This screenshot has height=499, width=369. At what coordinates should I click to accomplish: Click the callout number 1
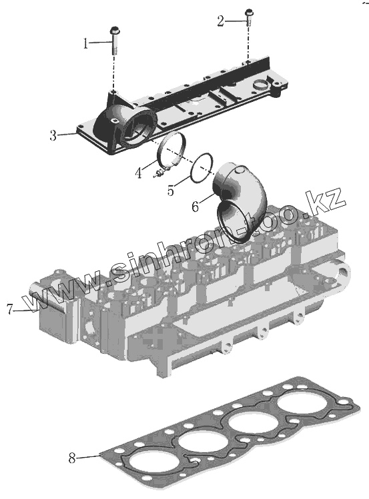click(85, 43)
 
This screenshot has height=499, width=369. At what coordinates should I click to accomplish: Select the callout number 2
click(220, 21)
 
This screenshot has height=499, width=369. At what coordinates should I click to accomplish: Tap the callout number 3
click(53, 135)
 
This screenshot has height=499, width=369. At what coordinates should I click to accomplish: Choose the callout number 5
click(171, 191)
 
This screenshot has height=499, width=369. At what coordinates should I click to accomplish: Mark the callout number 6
click(196, 207)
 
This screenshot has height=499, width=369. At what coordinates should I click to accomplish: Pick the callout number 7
click(10, 309)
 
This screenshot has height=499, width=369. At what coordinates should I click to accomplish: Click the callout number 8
click(72, 458)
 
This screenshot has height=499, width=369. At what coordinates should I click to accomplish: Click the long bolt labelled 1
click(114, 41)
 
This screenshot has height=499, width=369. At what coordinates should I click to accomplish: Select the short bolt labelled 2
click(248, 18)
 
